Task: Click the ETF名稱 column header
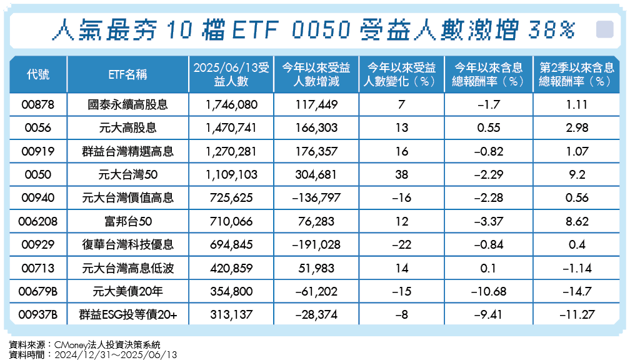coord(127,75)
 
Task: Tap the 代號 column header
coord(38,75)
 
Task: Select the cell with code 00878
coord(38,104)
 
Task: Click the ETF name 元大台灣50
coord(127,174)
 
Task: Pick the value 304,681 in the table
coord(316,174)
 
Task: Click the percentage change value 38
coord(402,174)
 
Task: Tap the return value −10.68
coord(487,292)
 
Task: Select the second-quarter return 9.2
coord(577,174)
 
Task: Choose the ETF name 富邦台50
coord(127,221)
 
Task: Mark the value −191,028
coord(316,245)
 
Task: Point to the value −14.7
coord(577,292)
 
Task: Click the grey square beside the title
coord(604,29)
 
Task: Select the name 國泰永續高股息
coord(127,104)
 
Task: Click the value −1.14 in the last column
coord(577,269)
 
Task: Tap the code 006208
coord(38,221)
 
